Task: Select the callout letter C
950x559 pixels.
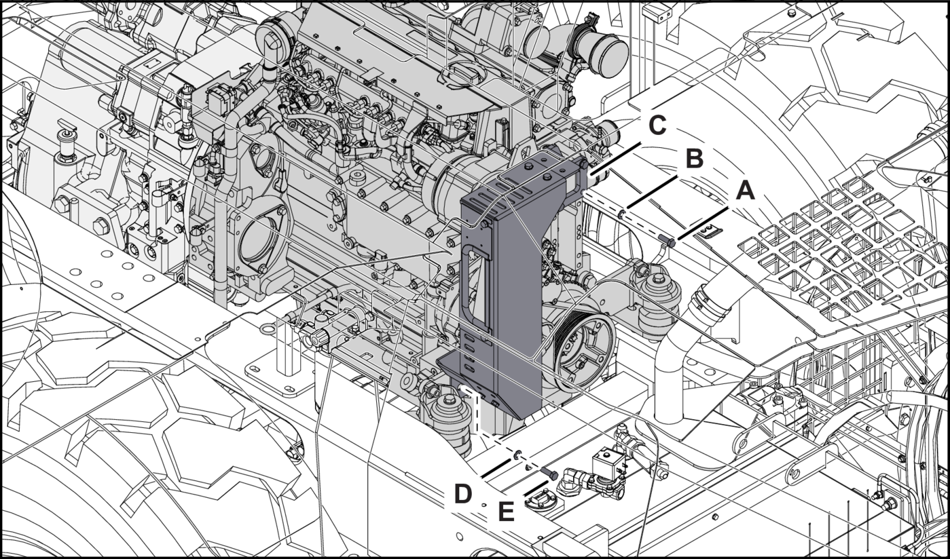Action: [x=659, y=126]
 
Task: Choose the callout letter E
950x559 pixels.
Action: [x=506, y=512]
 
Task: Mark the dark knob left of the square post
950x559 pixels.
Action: [x=316, y=338]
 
